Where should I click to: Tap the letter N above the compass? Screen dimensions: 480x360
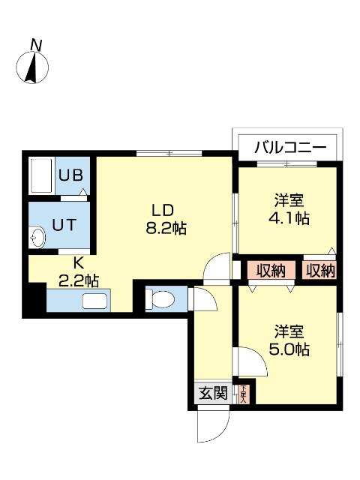pos(35,45)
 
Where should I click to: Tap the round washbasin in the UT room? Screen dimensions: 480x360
pos(38,238)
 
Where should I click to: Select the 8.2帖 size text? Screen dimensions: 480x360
pos(166,227)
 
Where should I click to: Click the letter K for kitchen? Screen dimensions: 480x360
pos(77,264)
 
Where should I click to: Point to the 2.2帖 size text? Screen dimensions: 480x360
pos(79,280)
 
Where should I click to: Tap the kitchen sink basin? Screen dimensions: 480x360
pos(95,302)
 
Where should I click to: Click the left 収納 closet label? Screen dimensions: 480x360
pos(271,271)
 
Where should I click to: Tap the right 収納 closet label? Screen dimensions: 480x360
pos(320,271)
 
